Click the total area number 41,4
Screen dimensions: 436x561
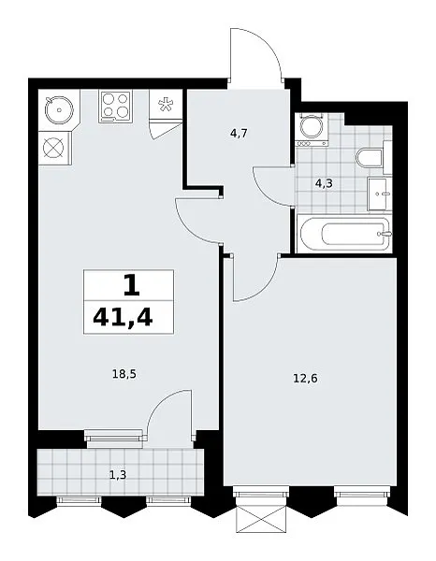pos(123,317)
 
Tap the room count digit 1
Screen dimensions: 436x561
pos(131,286)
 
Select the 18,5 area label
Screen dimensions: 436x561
pos(124,375)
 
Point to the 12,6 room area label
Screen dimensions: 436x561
pos(305,378)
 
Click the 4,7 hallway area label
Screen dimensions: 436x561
pos(240,134)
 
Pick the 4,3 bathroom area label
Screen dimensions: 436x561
pos(324,184)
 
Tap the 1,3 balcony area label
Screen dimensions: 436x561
pos(118,475)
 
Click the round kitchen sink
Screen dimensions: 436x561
pos(59,109)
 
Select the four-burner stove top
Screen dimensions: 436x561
pos(115,107)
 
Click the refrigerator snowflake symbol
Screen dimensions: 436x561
pos(166,104)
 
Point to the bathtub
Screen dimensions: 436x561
pos(345,234)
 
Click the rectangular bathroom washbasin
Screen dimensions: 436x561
pos(380,194)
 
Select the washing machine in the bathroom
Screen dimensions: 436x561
pos(312,130)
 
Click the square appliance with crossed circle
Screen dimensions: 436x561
pos(53,148)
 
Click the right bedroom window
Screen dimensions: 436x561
pos(362,496)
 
